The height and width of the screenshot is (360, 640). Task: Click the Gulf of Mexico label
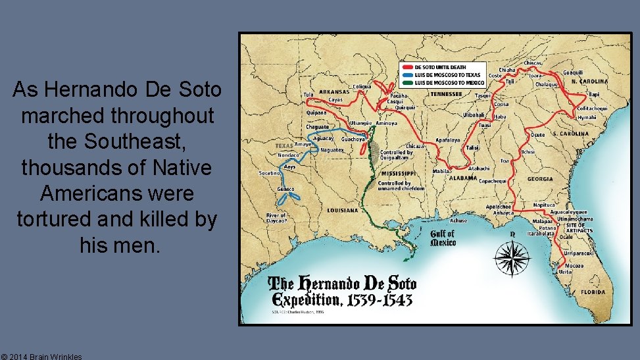coord(443,238)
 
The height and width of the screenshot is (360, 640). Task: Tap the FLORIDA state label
coord(593,292)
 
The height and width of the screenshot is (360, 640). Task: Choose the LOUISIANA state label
coord(343,211)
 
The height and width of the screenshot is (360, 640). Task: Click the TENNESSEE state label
coord(447,94)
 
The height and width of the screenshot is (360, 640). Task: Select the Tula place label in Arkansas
coord(308,95)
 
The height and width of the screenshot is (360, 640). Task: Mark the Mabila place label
coord(441,171)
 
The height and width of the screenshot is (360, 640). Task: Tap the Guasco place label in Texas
coord(285,189)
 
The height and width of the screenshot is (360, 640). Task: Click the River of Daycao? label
coord(276,218)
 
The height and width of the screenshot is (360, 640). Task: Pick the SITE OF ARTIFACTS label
coord(579,228)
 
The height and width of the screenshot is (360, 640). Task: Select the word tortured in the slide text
coord(58,220)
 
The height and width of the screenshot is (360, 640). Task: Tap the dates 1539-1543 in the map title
coord(377,301)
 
